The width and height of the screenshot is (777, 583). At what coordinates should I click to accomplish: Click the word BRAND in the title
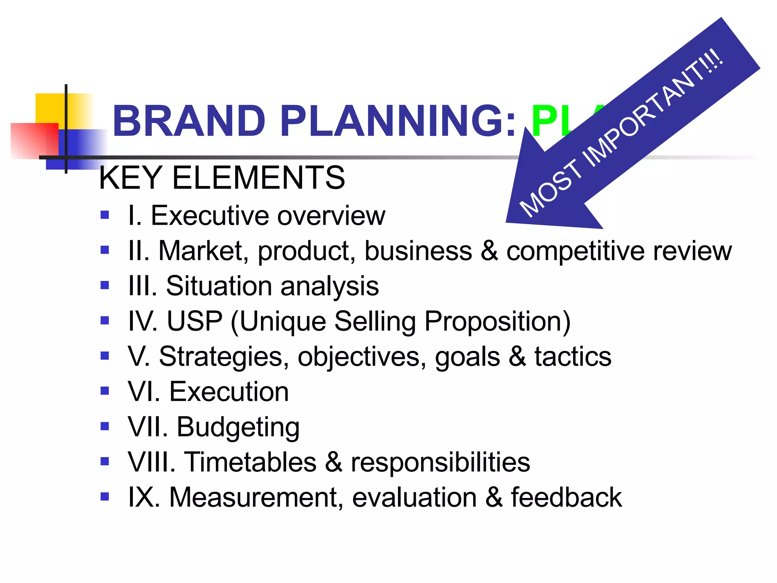pyautogui.click(x=189, y=121)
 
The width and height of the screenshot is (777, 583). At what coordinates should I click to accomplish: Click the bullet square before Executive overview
pyautogui.click(x=105, y=215)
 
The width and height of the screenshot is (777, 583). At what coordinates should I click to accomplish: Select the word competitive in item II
pyautogui.click(x=575, y=251)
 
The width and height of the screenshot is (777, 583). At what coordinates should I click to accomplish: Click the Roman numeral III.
pyautogui.click(x=142, y=286)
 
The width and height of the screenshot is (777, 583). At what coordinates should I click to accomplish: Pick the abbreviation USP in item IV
pyautogui.click(x=194, y=321)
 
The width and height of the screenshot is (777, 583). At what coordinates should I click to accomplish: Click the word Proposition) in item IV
pyautogui.click(x=497, y=321)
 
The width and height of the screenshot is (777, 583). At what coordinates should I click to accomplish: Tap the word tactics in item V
pyautogui.click(x=573, y=356)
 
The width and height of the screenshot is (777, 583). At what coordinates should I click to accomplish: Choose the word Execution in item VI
pyautogui.click(x=229, y=392)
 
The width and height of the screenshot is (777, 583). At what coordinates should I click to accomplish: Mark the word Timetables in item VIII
pyautogui.click(x=250, y=462)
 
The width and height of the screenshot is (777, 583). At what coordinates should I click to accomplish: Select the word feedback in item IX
pyautogui.click(x=566, y=497)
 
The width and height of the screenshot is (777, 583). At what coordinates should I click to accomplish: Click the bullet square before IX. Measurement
pyautogui.click(x=105, y=496)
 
